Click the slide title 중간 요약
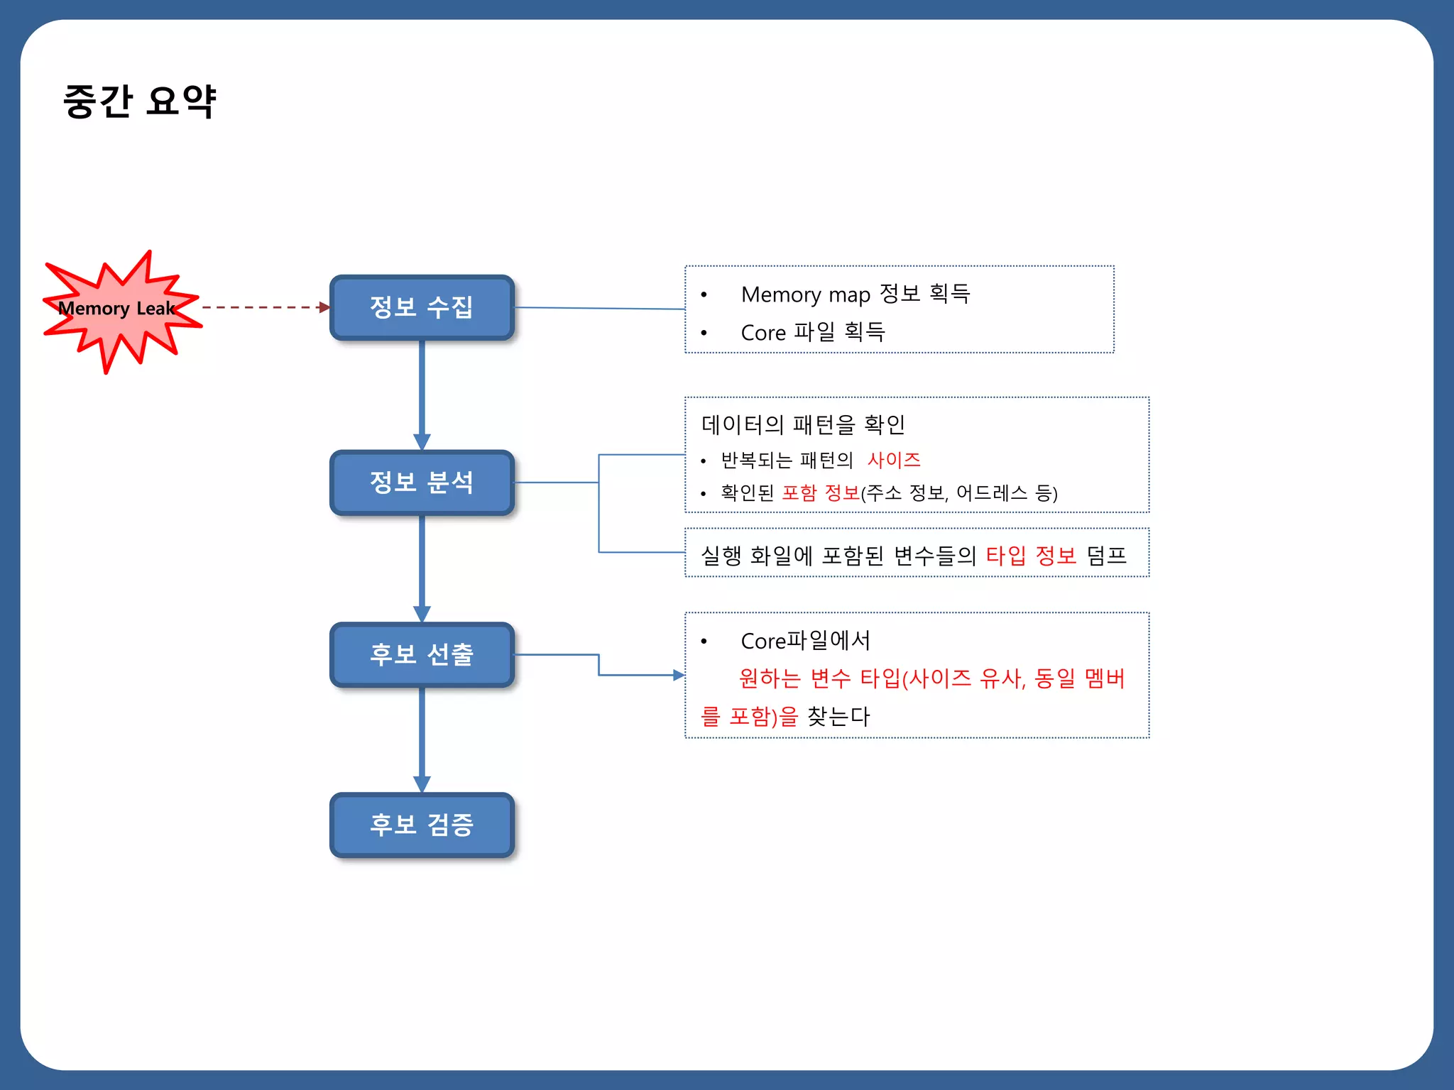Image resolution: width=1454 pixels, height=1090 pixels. (139, 101)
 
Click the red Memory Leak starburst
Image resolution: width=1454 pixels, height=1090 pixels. (117, 309)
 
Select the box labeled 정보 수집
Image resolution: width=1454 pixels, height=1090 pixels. (422, 307)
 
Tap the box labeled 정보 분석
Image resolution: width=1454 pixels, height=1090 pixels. (422, 483)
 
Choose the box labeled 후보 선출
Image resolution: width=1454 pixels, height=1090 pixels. (422, 654)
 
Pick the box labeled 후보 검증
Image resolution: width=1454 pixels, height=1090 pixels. (422, 825)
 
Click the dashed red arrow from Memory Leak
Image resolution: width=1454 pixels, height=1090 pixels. (263, 307)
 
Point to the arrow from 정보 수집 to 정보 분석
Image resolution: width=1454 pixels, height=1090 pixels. (422, 394)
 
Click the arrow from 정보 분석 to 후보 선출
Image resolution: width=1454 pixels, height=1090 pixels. (422, 568)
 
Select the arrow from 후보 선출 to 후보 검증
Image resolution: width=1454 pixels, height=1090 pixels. (422, 738)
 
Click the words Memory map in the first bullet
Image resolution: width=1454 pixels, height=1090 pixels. (805, 294)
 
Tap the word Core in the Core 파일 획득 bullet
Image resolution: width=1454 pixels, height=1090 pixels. (762, 333)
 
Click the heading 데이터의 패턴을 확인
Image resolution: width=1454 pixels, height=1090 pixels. (803, 424)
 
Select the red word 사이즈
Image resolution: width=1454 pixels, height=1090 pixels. (893, 460)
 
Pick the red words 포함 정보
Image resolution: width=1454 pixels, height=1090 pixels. (820, 492)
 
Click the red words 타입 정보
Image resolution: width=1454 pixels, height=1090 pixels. (1031, 555)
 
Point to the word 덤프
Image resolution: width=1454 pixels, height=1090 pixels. (1106, 555)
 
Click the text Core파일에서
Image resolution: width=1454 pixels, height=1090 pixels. (805, 641)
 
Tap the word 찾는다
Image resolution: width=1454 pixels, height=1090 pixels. (838, 716)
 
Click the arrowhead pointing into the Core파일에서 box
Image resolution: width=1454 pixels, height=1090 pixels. (678, 675)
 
